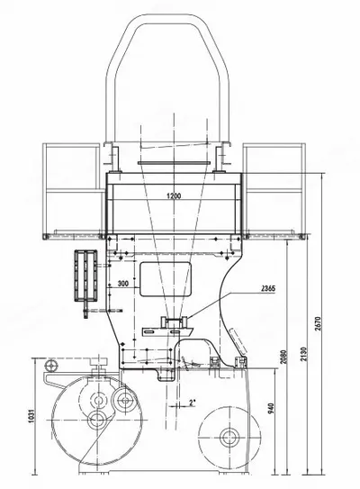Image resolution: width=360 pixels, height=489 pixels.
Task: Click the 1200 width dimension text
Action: click(174, 196)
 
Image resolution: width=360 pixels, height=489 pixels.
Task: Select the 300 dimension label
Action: click(123, 284)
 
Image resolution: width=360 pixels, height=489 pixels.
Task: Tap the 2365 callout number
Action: click(268, 289)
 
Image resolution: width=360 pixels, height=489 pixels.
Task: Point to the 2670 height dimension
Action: click(318, 323)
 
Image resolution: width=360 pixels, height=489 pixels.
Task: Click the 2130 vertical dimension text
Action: click(304, 354)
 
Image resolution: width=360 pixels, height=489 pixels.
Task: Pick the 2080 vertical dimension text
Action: click(283, 357)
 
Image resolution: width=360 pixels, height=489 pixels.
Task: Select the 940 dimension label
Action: click(271, 409)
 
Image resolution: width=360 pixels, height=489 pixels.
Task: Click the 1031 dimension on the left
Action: click(31, 416)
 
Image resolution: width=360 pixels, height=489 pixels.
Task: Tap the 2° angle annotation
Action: click(192, 403)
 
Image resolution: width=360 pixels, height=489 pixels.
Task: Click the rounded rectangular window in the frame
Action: click(166, 279)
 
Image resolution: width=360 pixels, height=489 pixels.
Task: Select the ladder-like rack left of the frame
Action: click(85, 276)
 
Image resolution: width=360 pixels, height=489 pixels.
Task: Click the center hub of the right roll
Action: click(229, 438)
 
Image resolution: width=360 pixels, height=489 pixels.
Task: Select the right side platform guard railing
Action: click(274, 191)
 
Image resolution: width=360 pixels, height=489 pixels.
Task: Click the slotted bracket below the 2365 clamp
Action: click(167, 331)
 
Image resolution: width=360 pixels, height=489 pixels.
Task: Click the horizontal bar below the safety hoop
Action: click(174, 162)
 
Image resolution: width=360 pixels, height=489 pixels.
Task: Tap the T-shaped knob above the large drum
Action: click(98, 364)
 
